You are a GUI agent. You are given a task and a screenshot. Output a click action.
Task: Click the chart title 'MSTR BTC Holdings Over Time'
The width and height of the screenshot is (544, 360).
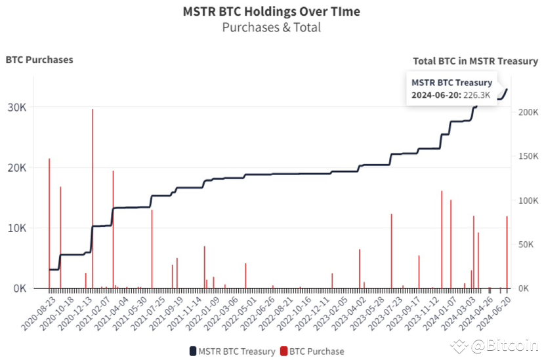pos(271,12)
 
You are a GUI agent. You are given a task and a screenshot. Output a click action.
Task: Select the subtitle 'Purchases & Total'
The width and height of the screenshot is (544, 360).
pos(271,28)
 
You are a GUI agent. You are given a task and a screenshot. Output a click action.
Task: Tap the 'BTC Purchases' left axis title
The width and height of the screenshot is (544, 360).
pos(39,60)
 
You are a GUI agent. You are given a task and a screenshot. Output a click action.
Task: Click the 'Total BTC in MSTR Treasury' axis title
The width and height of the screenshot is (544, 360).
pos(475,61)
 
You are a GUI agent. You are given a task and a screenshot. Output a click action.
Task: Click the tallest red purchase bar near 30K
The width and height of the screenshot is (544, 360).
pos(93,197)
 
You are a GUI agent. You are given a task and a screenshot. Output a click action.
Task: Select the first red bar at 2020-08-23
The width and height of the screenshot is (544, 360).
pos(49,223)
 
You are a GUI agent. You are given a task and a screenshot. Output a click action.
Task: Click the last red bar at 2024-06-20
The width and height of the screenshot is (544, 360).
pos(507,252)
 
